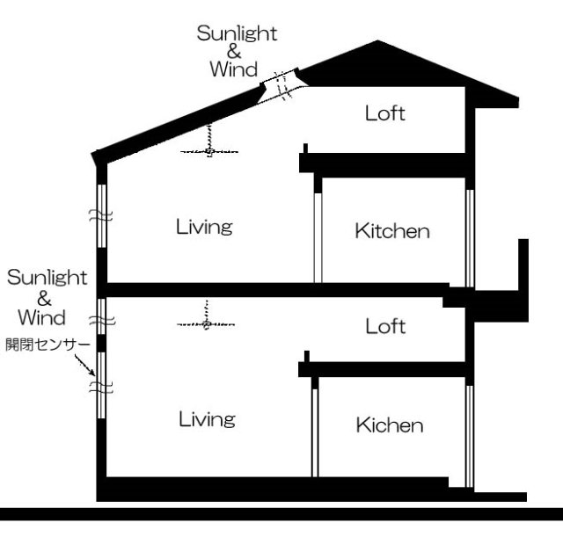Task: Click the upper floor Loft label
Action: (384, 113)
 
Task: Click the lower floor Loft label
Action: (385, 327)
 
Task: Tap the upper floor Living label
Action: (203, 228)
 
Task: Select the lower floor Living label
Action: (207, 419)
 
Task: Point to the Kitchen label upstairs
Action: (392, 232)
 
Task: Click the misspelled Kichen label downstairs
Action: (390, 426)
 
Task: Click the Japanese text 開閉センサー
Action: (46, 340)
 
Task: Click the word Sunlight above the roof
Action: (237, 33)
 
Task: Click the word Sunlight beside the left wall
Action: (48, 279)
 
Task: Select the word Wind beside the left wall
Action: (41, 316)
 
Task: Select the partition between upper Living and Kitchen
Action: (318, 230)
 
